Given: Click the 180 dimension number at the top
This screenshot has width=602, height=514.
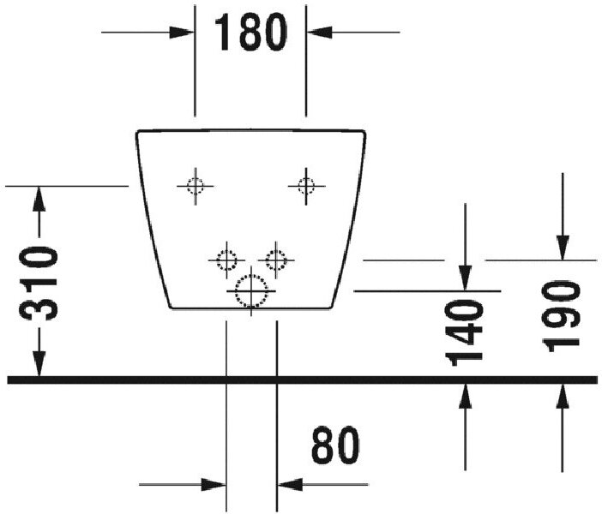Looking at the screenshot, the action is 250,33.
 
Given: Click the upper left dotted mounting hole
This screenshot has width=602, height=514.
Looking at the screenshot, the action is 196,185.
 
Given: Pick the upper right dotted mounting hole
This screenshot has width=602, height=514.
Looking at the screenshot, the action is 306,185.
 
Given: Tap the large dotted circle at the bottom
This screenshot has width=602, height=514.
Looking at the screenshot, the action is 251,290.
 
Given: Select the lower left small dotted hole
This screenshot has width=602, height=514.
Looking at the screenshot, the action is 226,259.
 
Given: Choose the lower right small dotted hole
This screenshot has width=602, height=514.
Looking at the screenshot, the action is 276,259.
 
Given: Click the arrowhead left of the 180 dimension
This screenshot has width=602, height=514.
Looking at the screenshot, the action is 184,33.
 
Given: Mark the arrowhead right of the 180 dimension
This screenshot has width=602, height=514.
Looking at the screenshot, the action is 318,33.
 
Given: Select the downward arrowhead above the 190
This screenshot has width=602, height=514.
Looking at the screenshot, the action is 562,248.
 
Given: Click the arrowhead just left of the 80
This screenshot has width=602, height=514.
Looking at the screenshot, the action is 289,484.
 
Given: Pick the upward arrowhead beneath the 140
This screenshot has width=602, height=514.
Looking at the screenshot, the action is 466,395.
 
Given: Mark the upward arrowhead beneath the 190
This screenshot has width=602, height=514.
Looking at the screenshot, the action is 562,395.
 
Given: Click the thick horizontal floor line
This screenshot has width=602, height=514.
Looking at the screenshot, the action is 300,379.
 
